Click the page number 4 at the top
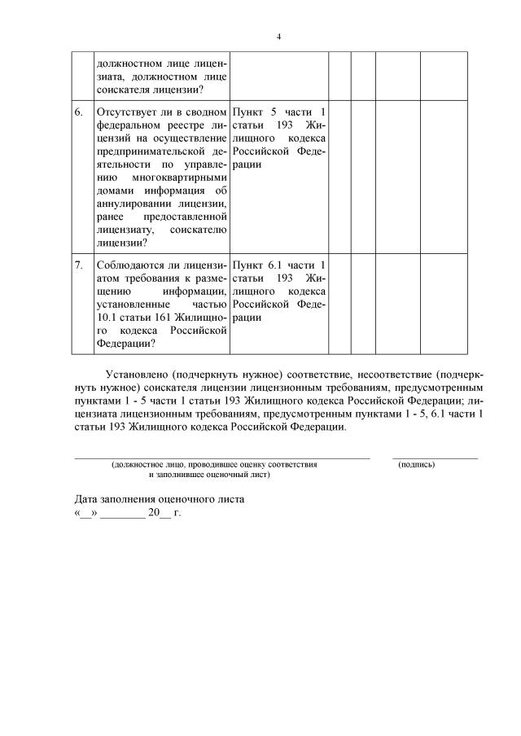click(278, 37)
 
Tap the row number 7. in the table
click(79, 265)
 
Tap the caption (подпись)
click(416, 464)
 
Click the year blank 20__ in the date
click(159, 514)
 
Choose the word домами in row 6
click(113, 190)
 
